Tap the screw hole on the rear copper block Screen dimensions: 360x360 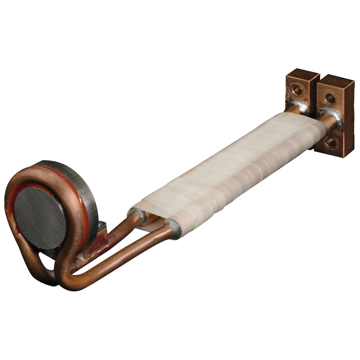297,90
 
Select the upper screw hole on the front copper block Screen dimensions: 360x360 330,98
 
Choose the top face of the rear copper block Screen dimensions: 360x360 302,73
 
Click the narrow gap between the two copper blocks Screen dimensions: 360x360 316,90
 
